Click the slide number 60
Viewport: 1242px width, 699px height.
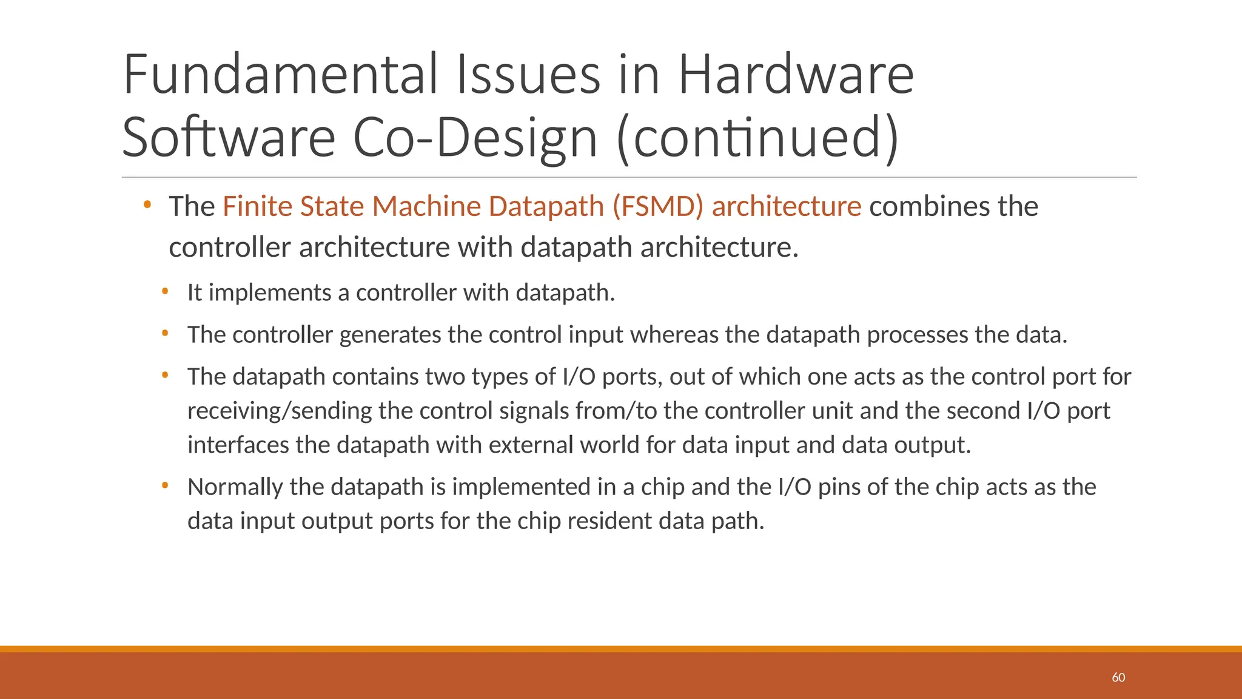(1118, 678)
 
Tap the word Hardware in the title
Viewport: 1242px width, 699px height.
(795, 75)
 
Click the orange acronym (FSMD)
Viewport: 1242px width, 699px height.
(658, 206)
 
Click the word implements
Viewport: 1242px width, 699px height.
(270, 293)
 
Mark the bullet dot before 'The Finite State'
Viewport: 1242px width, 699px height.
(147, 206)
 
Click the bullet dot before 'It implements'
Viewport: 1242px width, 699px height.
(165, 292)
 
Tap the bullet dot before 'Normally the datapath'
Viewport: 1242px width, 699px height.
(165, 486)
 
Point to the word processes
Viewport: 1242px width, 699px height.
(917, 335)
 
